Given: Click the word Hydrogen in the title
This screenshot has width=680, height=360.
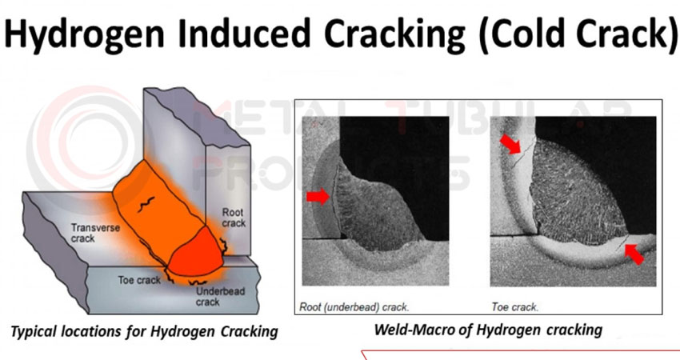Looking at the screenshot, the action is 85,34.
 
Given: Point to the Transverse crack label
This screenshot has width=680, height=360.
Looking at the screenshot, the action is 95,233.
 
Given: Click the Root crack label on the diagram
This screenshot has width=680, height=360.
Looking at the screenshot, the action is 234,218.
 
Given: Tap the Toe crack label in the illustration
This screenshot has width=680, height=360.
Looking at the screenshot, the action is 139,281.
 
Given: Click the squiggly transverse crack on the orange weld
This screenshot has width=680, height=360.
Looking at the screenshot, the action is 146,204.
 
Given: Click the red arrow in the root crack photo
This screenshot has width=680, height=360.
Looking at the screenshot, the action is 318,197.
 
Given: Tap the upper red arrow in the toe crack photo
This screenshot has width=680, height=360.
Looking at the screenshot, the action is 510,143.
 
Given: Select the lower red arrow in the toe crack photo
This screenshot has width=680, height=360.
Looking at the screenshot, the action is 634,254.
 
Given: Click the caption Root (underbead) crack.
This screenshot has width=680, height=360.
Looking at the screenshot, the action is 354,307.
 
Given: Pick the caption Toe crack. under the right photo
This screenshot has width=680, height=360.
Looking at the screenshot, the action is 514,307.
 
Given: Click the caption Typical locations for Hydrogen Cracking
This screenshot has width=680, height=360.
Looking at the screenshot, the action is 144,332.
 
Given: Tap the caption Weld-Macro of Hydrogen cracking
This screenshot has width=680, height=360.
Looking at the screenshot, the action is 488,330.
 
